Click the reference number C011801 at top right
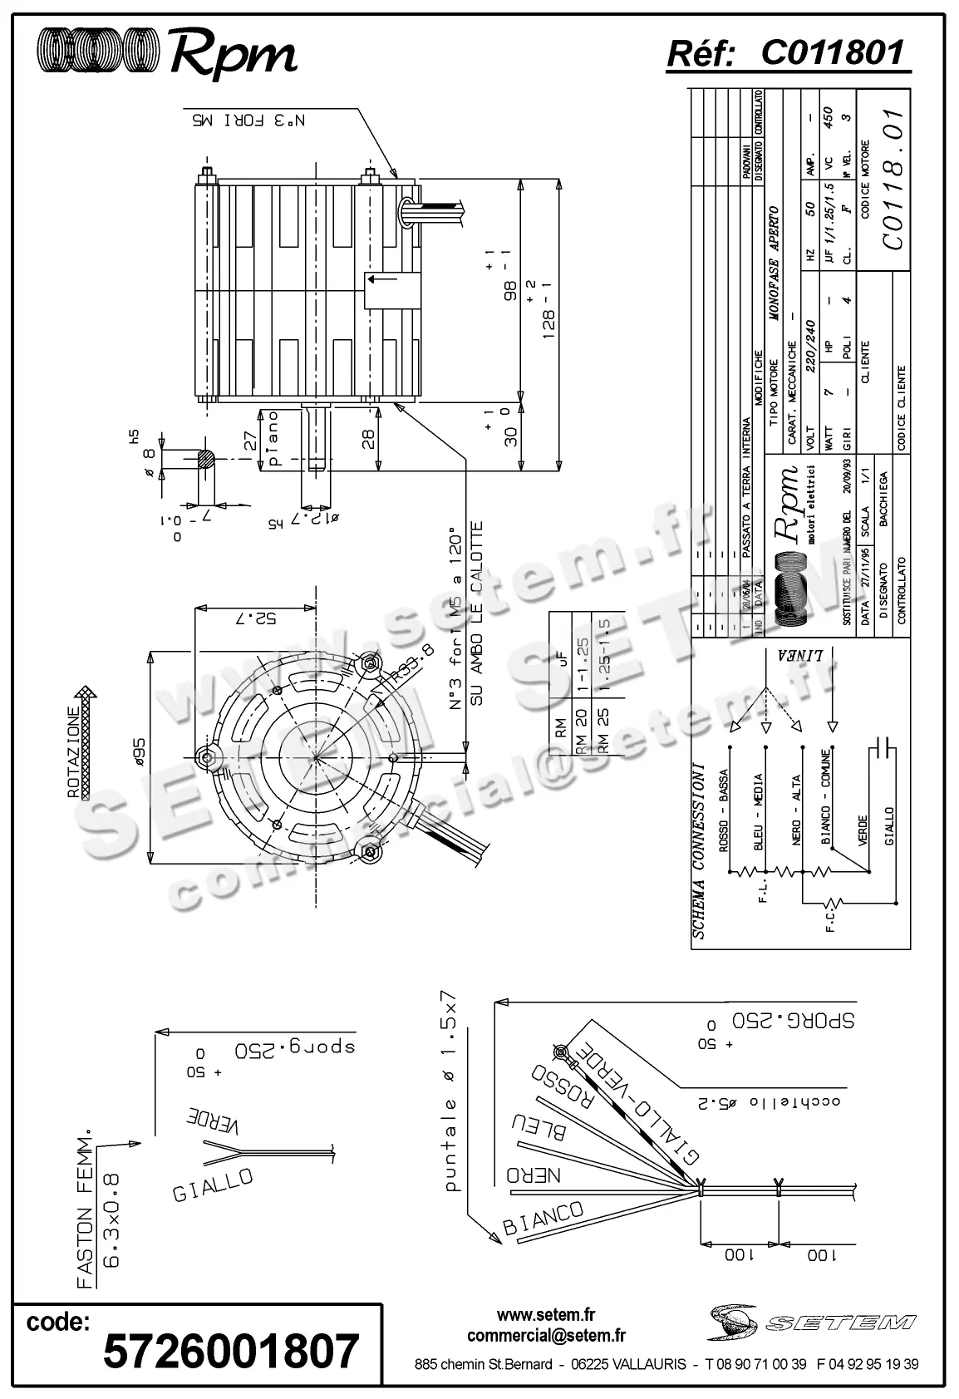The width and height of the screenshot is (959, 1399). click(x=831, y=53)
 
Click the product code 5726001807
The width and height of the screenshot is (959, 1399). click(x=231, y=1351)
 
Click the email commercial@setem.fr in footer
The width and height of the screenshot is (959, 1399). click(x=546, y=1336)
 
